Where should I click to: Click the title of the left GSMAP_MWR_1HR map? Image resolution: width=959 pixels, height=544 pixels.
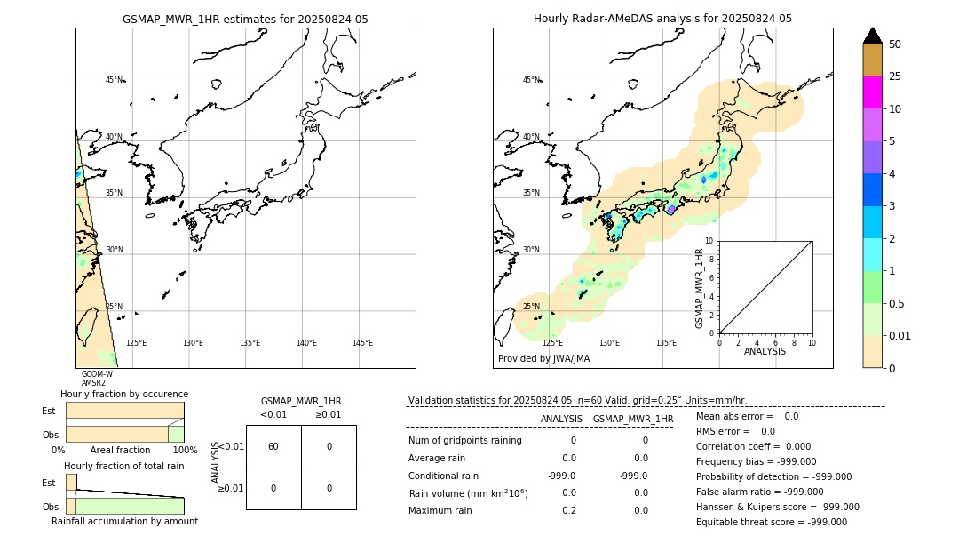coord(245,19)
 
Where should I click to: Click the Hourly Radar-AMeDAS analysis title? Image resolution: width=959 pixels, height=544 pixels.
coord(662,19)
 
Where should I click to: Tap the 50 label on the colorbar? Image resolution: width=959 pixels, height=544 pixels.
coord(895,44)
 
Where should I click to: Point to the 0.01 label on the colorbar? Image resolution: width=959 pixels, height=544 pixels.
coord(900,335)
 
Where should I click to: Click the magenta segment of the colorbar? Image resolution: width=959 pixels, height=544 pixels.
coord(872,92)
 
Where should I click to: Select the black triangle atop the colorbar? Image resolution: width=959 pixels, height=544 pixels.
coord(872,36)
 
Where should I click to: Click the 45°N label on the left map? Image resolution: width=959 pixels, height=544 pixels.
coord(115,80)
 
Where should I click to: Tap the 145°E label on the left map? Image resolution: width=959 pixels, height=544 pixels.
coord(362,343)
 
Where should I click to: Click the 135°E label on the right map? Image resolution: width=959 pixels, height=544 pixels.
coord(666,343)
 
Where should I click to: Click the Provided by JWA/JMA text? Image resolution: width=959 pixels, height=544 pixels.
coord(543,358)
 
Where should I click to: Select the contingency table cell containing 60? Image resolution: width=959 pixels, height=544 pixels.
coord(273,446)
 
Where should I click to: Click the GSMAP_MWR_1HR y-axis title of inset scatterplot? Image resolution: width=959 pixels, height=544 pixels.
coord(700,289)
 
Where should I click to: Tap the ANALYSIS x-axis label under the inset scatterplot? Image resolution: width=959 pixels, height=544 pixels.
coord(765,351)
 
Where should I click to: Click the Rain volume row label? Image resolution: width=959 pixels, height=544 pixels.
coord(468,492)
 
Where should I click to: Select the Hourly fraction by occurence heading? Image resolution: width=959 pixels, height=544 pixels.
coord(124,394)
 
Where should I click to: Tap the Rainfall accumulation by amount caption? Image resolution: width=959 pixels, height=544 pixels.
coord(124,521)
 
